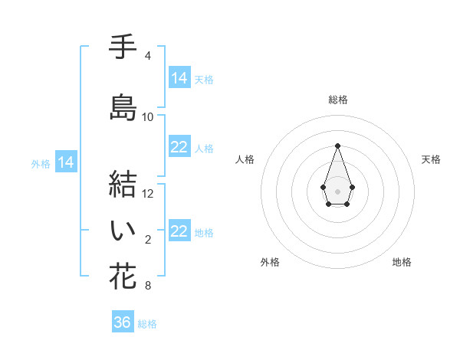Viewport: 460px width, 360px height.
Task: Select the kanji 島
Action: coord(123,107)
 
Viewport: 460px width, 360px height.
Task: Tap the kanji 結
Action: coord(123,184)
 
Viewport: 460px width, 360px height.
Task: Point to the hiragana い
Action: coord(123,231)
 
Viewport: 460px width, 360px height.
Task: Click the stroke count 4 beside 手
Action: coord(147,56)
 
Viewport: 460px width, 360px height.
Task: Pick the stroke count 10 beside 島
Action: coord(148,117)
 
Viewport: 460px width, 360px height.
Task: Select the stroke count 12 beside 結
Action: coord(148,193)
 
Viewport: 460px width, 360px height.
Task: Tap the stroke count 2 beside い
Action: coord(147,240)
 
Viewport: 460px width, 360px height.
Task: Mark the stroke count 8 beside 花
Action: coord(147,286)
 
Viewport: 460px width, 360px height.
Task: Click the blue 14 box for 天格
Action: coord(179,78)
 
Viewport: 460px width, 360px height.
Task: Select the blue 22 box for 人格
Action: coord(179,147)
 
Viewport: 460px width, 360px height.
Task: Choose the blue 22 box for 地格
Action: coord(179,231)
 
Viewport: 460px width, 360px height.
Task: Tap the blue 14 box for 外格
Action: coord(66,162)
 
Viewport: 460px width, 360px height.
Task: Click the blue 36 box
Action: coord(123,322)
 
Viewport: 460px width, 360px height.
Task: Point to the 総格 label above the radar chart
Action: coord(337,100)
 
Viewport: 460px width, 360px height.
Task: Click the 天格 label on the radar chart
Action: coord(431,159)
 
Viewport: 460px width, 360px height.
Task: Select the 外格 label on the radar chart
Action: coord(270,262)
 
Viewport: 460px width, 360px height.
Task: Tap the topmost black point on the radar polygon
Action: coord(337,146)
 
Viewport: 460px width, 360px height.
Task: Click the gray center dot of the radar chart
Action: coord(337,191)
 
